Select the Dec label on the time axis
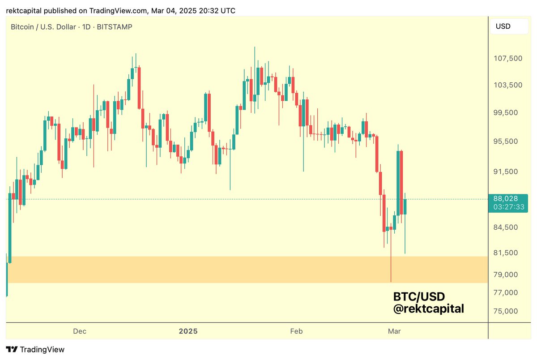tap(80, 331)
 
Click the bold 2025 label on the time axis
tap(188, 331)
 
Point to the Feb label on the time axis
tap(296, 331)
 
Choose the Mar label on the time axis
tap(394, 331)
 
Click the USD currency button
tap(503, 26)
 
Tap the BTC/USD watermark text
tap(419, 296)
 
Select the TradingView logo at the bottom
tap(35, 350)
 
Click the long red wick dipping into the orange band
tap(391, 264)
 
